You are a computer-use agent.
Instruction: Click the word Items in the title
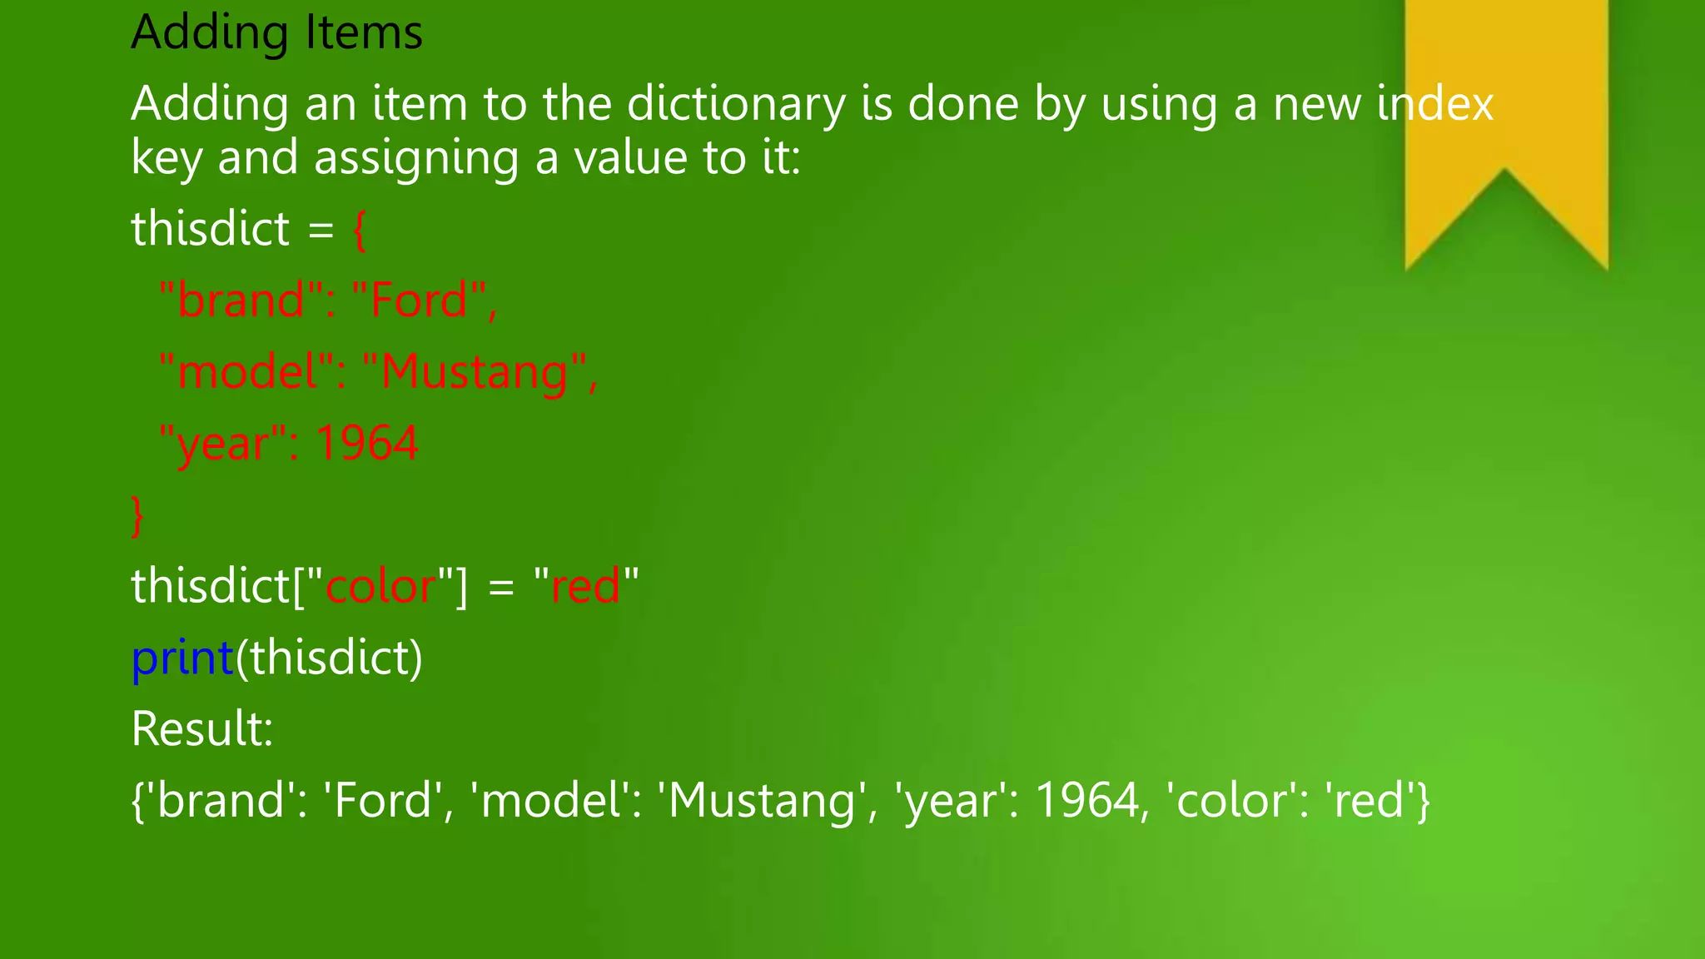click(x=364, y=33)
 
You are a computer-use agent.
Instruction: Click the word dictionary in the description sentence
click(x=735, y=105)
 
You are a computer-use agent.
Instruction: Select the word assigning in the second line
click(x=415, y=159)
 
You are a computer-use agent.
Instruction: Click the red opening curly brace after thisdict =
click(x=360, y=230)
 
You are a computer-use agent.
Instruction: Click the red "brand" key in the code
click(x=241, y=301)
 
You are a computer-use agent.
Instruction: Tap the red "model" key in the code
click(x=247, y=372)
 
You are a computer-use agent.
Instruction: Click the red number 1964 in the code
click(x=366, y=444)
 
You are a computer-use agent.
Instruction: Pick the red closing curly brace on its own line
click(x=138, y=516)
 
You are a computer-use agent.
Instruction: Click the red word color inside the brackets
click(x=380, y=586)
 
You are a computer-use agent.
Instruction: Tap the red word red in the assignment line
click(x=585, y=586)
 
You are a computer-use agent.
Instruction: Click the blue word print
click(x=182, y=658)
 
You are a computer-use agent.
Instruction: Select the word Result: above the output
click(x=202, y=729)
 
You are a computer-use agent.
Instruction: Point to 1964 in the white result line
click(x=1086, y=802)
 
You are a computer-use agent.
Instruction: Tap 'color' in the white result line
click(x=1229, y=802)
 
